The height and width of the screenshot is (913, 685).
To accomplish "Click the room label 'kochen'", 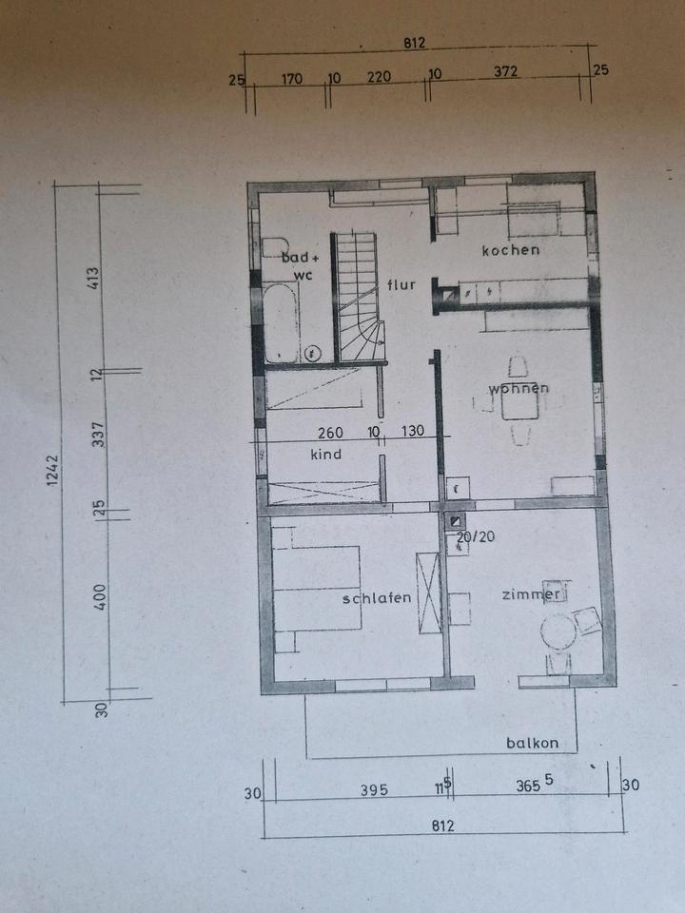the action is tap(510, 250).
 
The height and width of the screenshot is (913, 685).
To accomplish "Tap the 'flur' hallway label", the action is tap(401, 284).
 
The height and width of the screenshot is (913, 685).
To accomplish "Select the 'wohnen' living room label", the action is tap(519, 388).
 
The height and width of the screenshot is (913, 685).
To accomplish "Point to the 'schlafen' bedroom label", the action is tap(377, 598).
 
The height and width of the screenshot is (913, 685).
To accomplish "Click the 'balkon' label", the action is tap(532, 743).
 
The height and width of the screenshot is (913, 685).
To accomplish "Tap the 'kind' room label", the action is tap(326, 455).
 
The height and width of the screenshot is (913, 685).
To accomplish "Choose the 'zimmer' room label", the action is tap(531, 594).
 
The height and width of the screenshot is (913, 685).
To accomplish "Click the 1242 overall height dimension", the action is tap(52, 471).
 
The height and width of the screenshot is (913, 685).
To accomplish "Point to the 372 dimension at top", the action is tap(505, 71).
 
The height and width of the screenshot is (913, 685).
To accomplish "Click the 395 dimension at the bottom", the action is tap(373, 789).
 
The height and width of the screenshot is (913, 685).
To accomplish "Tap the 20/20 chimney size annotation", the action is tap(476, 536).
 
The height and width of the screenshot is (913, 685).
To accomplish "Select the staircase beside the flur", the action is tap(357, 297).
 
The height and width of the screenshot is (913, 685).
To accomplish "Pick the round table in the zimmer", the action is tap(558, 631).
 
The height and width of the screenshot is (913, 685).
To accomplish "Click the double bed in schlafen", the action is tap(317, 588).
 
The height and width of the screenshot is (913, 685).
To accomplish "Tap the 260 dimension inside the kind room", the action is tap(330, 433).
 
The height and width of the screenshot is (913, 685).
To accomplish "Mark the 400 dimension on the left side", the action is tap(100, 597).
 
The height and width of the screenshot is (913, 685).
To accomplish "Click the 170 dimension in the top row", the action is tap(292, 78).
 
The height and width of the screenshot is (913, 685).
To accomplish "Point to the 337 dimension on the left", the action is tap(98, 435).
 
